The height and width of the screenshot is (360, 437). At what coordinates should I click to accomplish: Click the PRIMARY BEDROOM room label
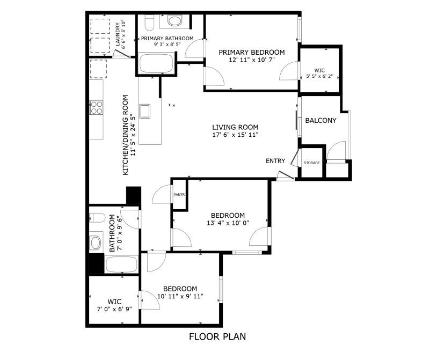(252, 53)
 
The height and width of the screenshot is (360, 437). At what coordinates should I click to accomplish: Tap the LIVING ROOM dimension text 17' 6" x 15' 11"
(235, 135)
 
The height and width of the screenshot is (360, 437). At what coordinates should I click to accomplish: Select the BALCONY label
(321, 121)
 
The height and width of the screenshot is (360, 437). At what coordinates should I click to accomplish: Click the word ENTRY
(275, 161)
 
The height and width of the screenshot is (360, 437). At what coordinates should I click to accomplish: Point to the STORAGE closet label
(311, 163)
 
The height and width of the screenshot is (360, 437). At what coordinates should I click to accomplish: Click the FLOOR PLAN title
(217, 336)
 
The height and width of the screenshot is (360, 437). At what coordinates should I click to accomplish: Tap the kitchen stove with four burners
(97, 108)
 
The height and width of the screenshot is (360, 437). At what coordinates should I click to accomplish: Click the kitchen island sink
(145, 112)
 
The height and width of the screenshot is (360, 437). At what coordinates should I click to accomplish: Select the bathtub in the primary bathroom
(156, 64)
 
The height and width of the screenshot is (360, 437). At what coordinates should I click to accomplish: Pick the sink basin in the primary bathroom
(174, 20)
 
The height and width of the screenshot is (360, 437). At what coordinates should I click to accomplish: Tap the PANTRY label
(179, 195)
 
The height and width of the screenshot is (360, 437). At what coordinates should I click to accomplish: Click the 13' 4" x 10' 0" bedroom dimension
(228, 223)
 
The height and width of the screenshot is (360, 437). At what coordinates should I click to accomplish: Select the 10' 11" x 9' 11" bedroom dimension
(180, 296)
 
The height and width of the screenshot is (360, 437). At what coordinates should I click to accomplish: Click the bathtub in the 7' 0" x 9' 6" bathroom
(122, 265)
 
